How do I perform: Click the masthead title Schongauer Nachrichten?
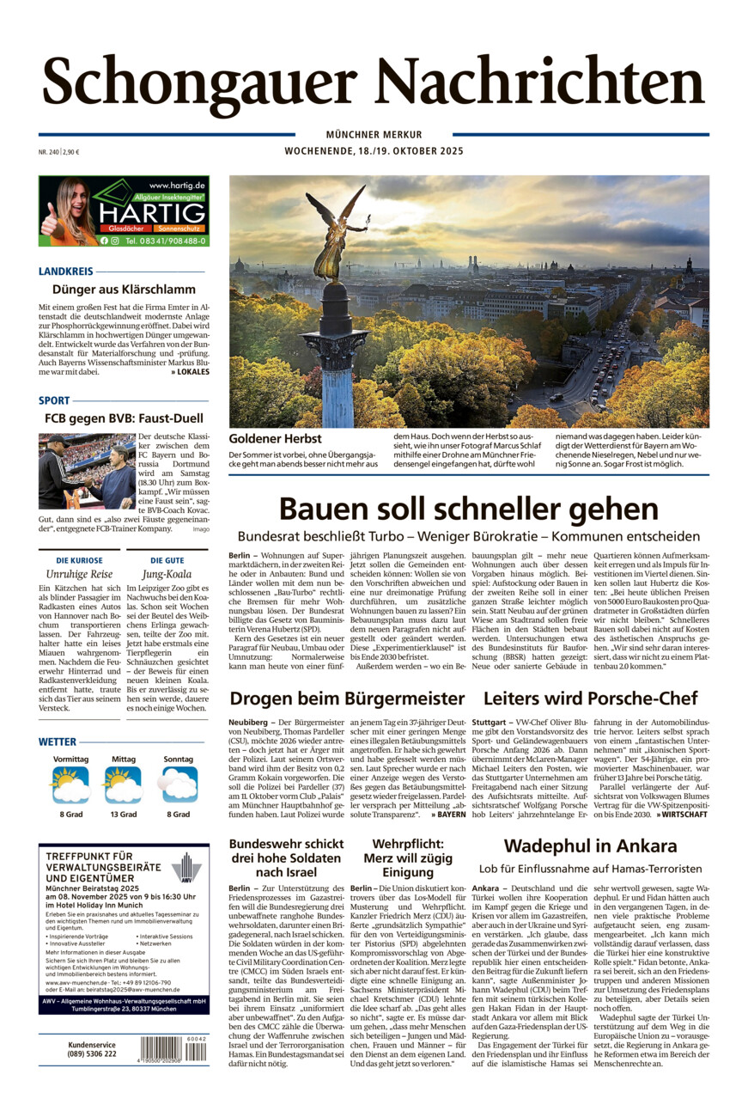[x=374, y=81]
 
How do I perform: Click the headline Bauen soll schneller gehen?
[x=468, y=510]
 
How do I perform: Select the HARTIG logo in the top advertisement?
[x=151, y=212]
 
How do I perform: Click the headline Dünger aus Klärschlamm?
[x=124, y=290]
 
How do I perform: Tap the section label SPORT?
[x=53, y=400]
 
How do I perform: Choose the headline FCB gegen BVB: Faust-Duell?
[x=124, y=419]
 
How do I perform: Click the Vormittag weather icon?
[x=70, y=784]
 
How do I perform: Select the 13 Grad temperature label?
[x=123, y=815]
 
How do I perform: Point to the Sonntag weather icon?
[x=179, y=784]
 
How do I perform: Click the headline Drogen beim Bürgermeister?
[x=347, y=699]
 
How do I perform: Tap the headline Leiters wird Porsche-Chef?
[x=590, y=699]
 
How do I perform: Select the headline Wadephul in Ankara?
[x=590, y=846]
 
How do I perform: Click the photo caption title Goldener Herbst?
[x=263, y=438]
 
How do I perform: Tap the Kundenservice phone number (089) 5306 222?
[x=93, y=1053]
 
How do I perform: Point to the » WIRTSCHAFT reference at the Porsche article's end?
[x=684, y=814]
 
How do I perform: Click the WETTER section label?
[x=58, y=742]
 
